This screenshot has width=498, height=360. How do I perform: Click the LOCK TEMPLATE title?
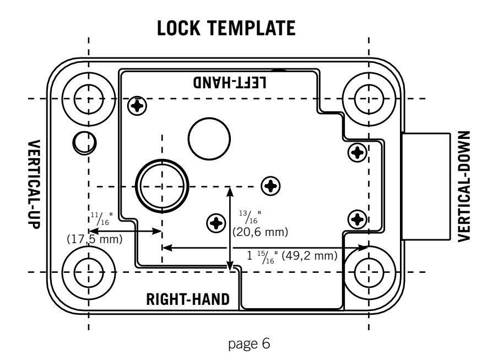pyautogui.click(x=226, y=28)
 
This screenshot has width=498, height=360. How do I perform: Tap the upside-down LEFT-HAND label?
pyautogui.click(x=230, y=82)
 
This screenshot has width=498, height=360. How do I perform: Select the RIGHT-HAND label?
pyautogui.click(x=188, y=299)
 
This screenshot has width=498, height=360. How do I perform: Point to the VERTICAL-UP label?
pyautogui.click(x=34, y=184)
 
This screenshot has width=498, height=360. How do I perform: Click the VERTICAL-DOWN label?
pyautogui.click(x=464, y=186)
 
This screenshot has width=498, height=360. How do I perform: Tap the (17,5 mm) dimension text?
pyautogui.click(x=95, y=239)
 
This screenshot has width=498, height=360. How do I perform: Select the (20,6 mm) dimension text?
pyautogui.click(x=260, y=232)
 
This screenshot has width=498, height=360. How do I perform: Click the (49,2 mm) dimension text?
pyautogui.click(x=310, y=255)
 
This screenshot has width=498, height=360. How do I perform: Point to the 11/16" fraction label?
pyautogui.click(x=101, y=219)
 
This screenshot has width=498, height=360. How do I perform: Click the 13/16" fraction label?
pyautogui.click(x=250, y=217)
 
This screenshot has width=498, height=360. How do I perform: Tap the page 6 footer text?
pyautogui.click(x=249, y=344)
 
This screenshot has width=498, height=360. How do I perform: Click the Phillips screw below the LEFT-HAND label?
pyautogui.click(x=137, y=105)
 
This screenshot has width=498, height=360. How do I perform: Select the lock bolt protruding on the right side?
pyautogui.click(x=426, y=186)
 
